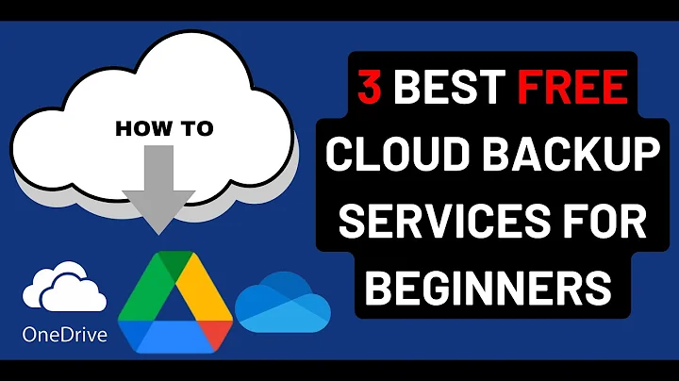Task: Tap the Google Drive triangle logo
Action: click(x=174, y=302)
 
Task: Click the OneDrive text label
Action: click(x=65, y=334)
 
